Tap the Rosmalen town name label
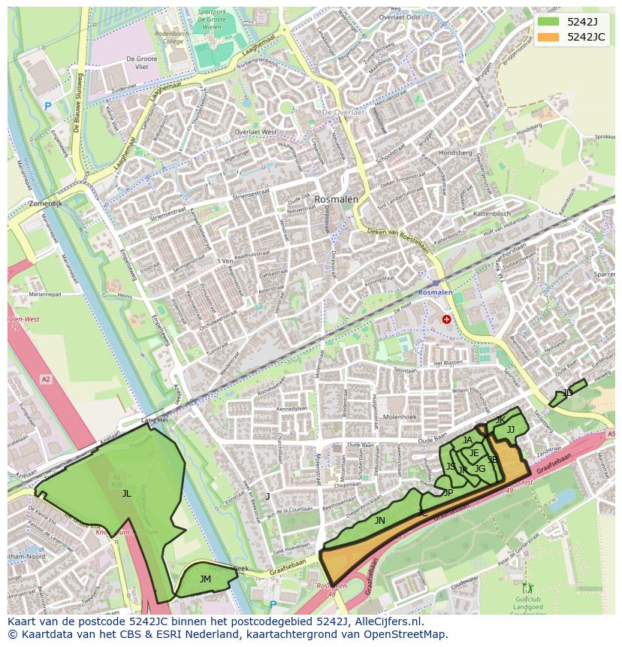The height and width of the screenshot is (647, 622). [x=336, y=200]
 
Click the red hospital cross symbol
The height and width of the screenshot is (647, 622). [x=447, y=319]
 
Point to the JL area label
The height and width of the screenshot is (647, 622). [x=126, y=494]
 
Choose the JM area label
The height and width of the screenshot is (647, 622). [x=205, y=579]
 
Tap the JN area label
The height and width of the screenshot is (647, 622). [x=379, y=520]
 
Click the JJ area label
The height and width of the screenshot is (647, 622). [x=511, y=430]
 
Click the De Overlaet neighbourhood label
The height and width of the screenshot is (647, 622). [x=343, y=112]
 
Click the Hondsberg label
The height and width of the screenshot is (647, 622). [x=455, y=153]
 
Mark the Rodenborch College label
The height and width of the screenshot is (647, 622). [x=169, y=38]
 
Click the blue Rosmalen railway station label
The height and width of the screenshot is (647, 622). [x=436, y=292]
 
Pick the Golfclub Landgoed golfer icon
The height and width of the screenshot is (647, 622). [x=527, y=587]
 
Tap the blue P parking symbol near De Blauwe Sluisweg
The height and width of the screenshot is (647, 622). [x=48, y=107]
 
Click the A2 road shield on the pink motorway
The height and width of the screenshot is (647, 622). [x=46, y=379]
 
